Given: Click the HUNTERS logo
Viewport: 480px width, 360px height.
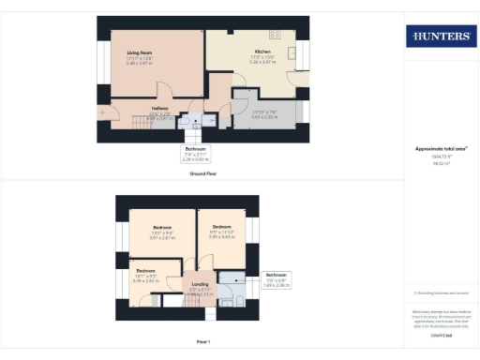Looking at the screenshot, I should click(x=440, y=37).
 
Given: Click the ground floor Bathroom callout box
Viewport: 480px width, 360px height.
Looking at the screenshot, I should click(x=195, y=154).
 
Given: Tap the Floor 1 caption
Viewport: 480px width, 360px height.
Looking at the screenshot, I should click(x=202, y=340).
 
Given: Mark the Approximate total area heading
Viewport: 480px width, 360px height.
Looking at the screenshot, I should click(x=441, y=149).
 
